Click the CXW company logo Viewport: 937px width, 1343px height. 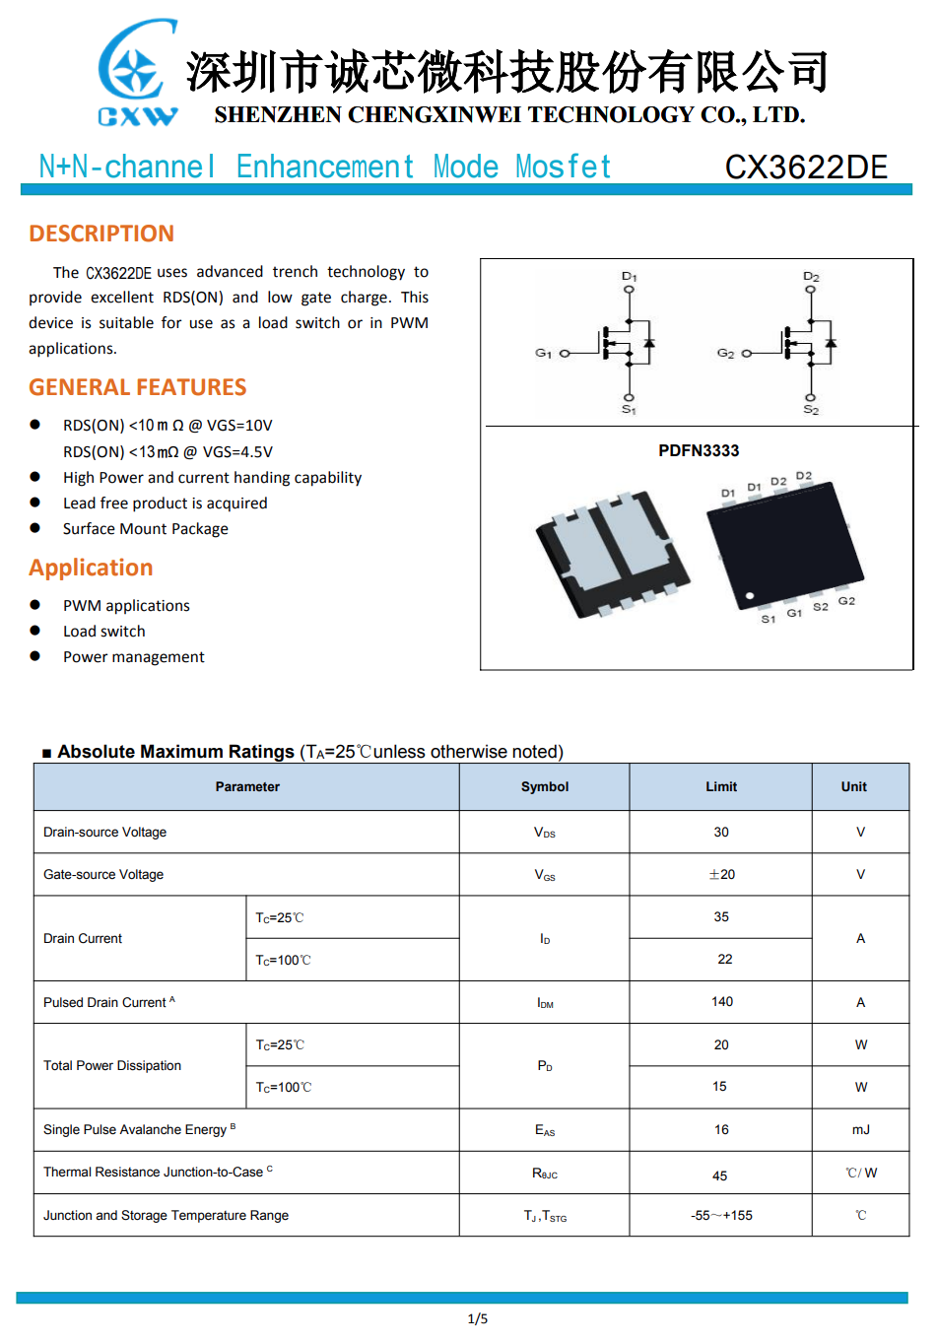point(138,74)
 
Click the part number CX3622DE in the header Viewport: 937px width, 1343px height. point(806,168)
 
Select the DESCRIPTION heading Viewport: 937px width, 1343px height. point(101,234)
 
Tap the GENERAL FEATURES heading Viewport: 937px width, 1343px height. point(138,387)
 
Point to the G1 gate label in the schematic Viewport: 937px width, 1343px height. point(543,353)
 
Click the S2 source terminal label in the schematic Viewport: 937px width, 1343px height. point(811,410)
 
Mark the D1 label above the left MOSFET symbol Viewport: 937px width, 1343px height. point(630,277)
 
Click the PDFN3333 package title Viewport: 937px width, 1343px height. point(699,450)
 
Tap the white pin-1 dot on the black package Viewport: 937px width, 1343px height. point(750,596)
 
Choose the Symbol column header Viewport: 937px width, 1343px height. point(545,786)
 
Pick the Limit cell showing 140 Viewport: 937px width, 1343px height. point(722,1002)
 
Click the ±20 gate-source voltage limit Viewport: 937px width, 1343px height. point(722,874)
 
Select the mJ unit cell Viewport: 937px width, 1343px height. point(861,1129)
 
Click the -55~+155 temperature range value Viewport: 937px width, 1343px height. point(722,1215)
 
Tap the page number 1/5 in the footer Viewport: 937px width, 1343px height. point(478,1318)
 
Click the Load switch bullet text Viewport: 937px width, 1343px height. point(104,632)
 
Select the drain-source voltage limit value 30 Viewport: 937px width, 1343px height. point(721,832)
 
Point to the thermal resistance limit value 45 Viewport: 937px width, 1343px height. point(720,1175)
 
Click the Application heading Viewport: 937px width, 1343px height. point(91,568)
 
